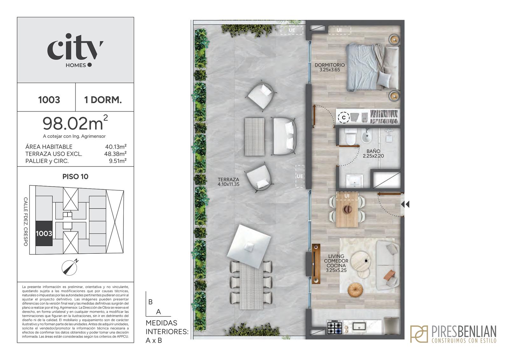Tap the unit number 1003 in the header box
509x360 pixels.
tap(49, 100)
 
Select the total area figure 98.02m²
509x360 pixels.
tap(75, 123)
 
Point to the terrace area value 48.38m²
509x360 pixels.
tap(115, 154)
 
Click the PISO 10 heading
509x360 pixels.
tap(75, 176)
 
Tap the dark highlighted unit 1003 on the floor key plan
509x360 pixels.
tap(44, 234)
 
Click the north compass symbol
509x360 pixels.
tap(70, 267)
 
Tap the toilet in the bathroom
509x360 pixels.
tap(351, 137)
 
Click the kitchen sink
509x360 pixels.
tap(359, 326)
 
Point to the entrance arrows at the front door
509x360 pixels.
tap(405, 204)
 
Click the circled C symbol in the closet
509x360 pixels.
tap(344, 117)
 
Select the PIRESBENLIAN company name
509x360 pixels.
tap(464, 332)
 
